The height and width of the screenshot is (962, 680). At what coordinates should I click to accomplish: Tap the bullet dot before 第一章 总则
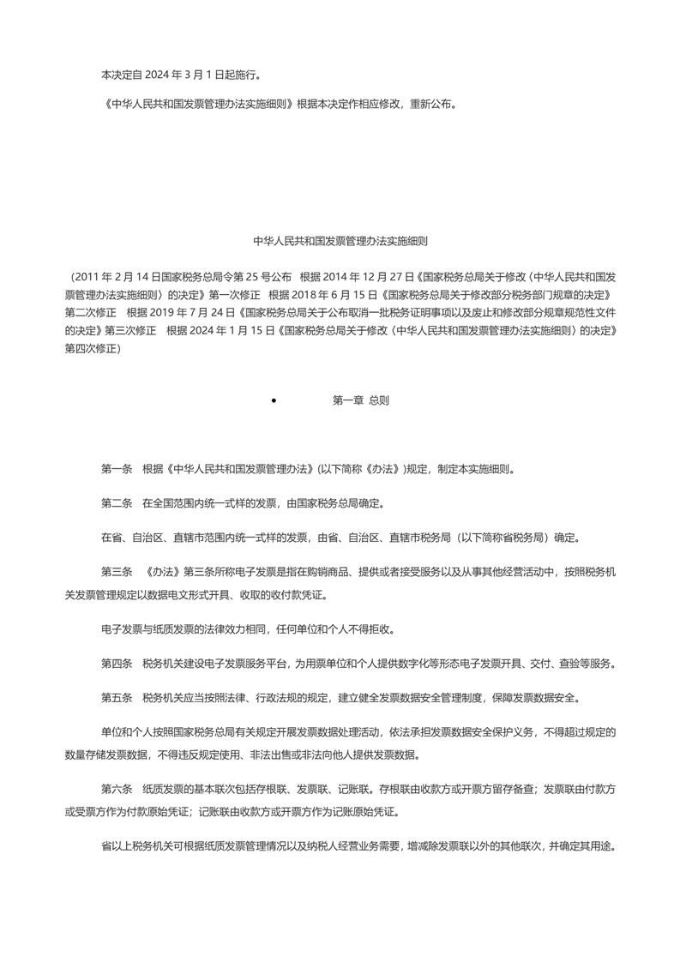click(273, 400)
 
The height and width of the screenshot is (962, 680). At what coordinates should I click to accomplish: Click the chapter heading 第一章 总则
click(360, 400)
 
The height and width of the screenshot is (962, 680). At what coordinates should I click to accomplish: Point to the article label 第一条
click(117, 468)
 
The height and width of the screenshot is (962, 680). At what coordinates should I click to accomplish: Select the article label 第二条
click(117, 502)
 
